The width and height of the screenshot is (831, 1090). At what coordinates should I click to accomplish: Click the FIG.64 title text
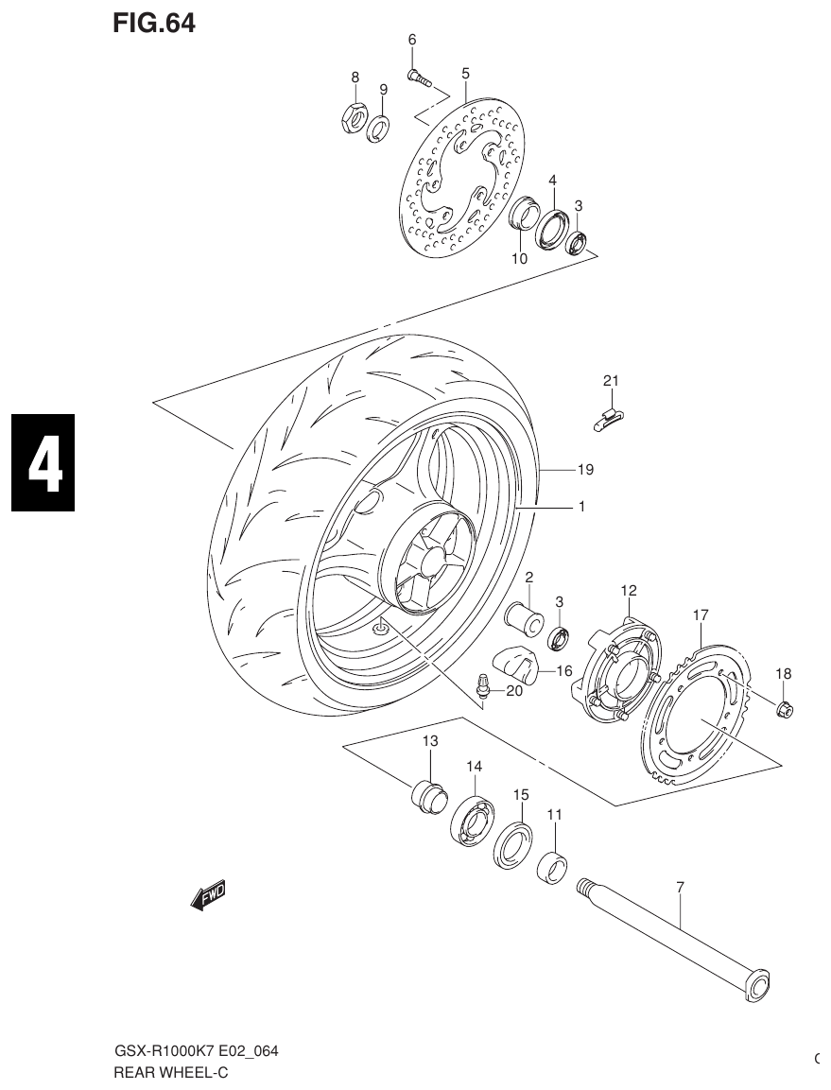[153, 24]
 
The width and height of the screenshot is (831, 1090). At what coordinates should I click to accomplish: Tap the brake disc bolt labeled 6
[420, 79]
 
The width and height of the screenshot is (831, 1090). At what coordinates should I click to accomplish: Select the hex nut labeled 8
[353, 118]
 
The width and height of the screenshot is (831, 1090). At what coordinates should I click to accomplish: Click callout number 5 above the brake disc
[465, 73]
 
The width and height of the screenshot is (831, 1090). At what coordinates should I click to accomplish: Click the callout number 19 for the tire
[585, 469]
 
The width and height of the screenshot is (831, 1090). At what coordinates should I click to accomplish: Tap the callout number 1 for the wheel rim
[581, 507]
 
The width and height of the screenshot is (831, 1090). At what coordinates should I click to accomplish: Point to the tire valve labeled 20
[483, 687]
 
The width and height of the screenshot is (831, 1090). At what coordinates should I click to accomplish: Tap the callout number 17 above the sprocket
[700, 614]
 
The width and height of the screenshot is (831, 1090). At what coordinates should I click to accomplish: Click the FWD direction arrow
[209, 894]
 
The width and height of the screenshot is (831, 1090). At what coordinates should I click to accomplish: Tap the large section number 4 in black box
[43, 463]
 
